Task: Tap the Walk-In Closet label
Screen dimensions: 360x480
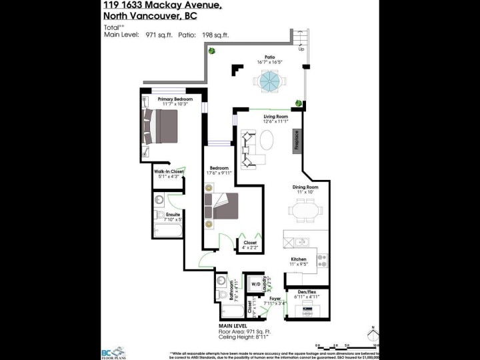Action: point(169,172)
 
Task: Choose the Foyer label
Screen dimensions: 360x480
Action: point(275,299)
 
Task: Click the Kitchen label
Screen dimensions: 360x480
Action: point(298,259)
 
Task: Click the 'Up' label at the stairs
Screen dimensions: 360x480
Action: point(301,49)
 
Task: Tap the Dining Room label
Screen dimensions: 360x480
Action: point(305,187)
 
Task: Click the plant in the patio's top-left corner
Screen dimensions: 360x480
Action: point(212,51)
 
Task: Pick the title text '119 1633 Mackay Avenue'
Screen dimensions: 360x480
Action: point(153,5)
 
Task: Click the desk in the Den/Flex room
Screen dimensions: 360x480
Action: point(307,309)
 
